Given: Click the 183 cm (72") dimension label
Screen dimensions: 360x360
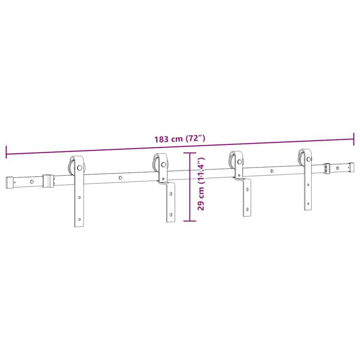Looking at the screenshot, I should [x=180, y=139].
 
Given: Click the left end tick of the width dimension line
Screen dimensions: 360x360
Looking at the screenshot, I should [x=6, y=152].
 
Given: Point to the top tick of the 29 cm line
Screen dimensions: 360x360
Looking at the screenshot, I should [x=189, y=153].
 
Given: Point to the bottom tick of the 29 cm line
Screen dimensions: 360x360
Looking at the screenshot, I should [x=189, y=221].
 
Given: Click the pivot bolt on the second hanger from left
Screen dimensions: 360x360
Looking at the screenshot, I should [x=163, y=164].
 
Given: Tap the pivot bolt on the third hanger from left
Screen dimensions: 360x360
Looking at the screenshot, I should [x=239, y=162].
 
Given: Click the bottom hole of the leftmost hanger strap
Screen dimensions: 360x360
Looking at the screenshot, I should [x=79, y=219].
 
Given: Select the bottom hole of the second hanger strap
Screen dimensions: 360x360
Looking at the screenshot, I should [x=171, y=215].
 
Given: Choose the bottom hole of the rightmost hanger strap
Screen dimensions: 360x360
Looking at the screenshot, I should [x=308, y=204].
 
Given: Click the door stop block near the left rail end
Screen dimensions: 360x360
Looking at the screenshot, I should [x=48, y=181].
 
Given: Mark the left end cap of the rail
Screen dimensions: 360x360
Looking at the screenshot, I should [x=10, y=183].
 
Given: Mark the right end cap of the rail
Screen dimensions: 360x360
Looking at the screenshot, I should [x=350, y=166].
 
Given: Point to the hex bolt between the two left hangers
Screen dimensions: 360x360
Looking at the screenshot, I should [x=120, y=178].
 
